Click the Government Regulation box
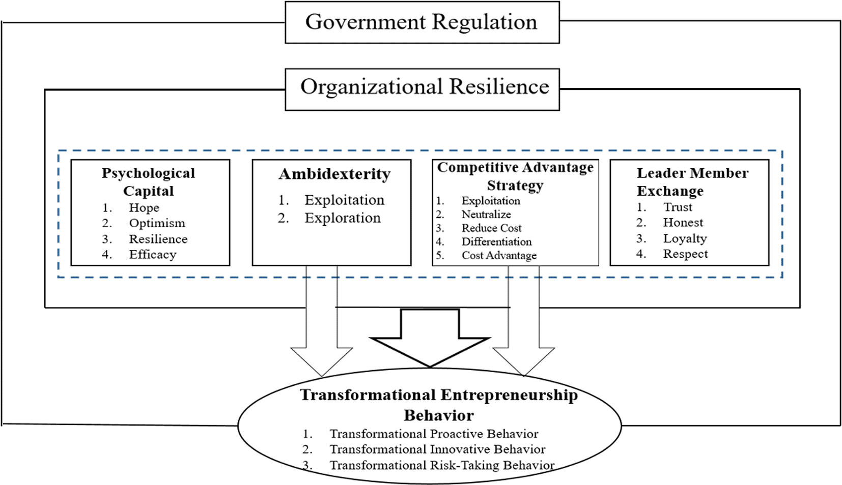pos(422,22)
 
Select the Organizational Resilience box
pos(422,89)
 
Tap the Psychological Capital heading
pos(149,181)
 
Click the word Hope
pos(144,207)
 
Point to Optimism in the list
pos(157,223)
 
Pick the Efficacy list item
pos(153,255)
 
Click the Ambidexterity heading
pos(334,174)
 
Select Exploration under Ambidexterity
pos(343,218)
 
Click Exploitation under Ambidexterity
pos(344,200)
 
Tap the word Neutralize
pos(486,215)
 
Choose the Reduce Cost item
pos(491,228)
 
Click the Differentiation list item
pos(496,242)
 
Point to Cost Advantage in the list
pos(499,255)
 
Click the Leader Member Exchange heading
pos(692,182)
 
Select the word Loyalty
pos(685,238)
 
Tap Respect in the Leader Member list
pos(685,254)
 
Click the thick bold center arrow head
pos(430,352)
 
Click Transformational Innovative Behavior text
pos(437,449)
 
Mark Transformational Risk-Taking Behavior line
pos(442,466)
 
